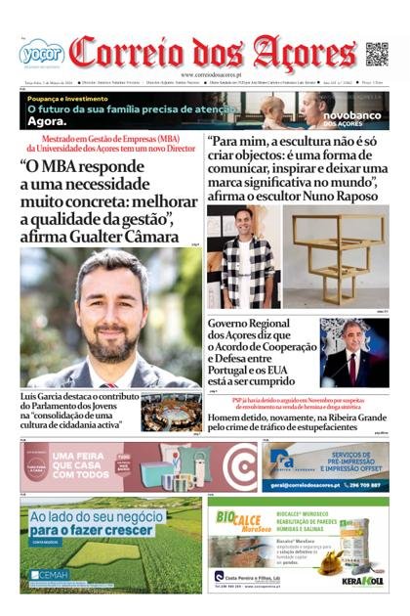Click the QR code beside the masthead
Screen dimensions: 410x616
377,54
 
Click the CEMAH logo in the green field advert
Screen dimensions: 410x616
49,573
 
